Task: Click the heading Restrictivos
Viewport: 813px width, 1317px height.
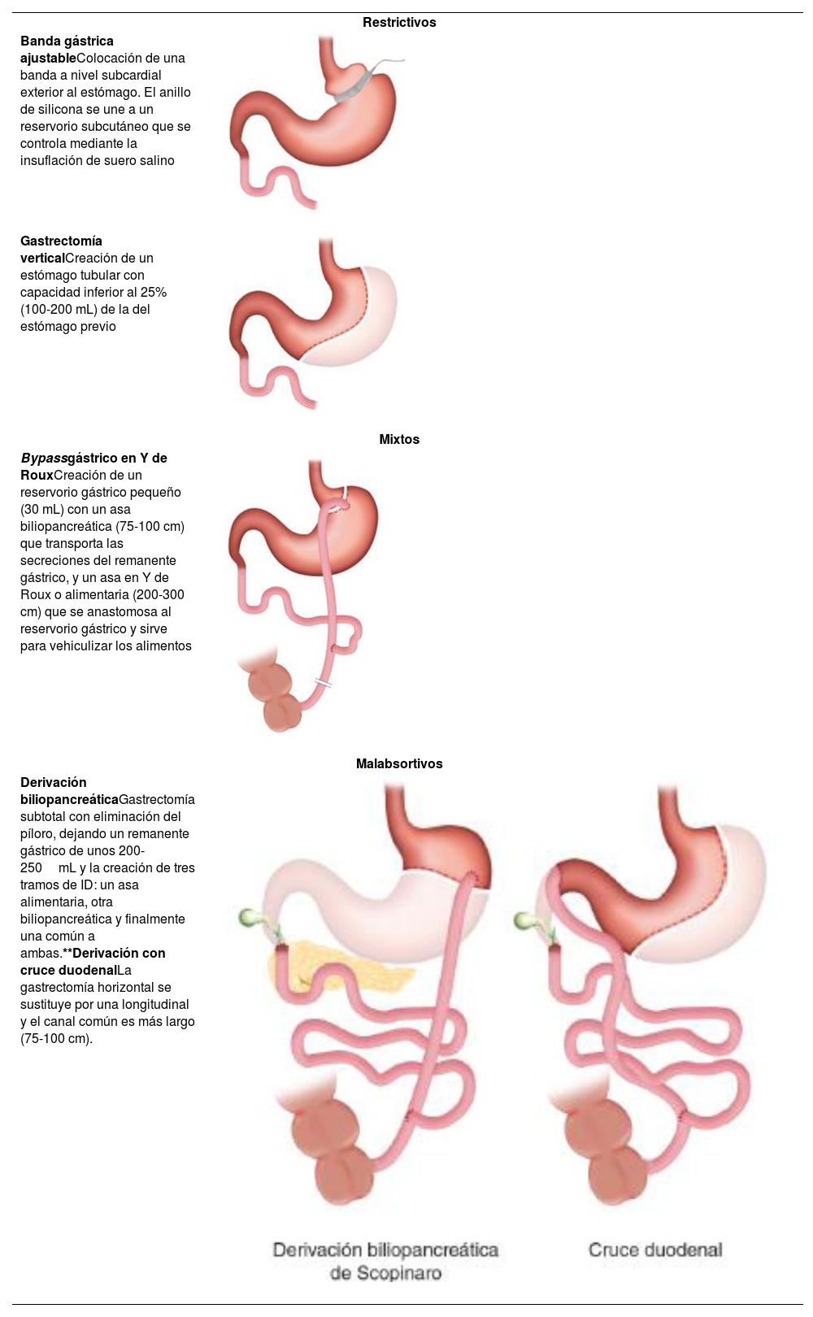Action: coord(399,23)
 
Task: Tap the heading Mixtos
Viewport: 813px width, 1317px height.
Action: coord(399,440)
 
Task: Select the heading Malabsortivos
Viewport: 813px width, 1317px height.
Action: coord(399,764)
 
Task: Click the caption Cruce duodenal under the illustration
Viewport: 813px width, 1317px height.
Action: coord(655,1250)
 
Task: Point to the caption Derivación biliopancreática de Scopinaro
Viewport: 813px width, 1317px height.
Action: coord(385,1261)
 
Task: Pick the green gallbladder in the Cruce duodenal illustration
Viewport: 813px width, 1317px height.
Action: coord(524,919)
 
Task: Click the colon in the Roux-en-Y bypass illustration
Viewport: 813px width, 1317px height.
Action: coord(276,691)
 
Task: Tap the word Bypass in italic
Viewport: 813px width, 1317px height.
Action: coord(44,459)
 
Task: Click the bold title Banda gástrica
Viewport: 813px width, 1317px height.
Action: coord(67,41)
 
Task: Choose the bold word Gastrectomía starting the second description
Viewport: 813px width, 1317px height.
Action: coord(61,241)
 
